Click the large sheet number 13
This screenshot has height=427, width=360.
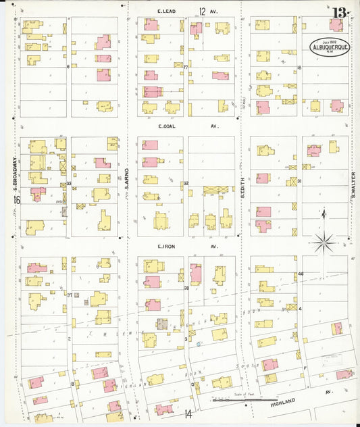point(340,11)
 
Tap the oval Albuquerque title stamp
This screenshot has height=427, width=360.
point(330,47)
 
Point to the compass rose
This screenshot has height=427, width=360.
point(324,240)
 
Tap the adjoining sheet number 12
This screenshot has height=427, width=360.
point(202,11)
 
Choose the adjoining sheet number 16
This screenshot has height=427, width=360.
point(16,200)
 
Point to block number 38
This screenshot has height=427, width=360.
point(186,288)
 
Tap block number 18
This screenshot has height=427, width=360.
point(299,68)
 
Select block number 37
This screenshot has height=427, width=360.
point(69,295)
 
